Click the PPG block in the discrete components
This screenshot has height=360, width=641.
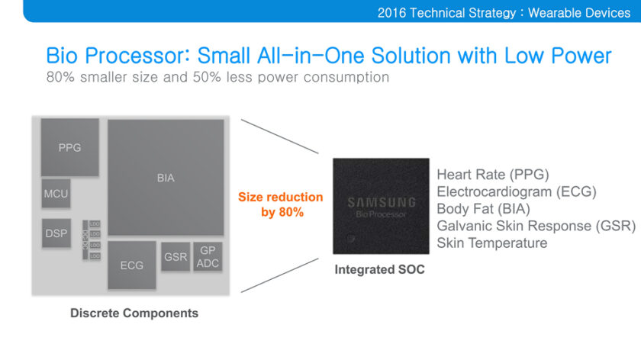(69, 148)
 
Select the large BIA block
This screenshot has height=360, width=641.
(166, 178)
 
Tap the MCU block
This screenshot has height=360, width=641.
(56, 194)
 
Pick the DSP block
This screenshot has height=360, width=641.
(56, 233)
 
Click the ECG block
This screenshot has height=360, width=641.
(131, 265)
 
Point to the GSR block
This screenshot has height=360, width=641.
(176, 257)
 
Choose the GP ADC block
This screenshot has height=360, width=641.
(208, 257)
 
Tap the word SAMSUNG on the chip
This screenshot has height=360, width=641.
(382, 203)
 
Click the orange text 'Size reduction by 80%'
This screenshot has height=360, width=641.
(281, 204)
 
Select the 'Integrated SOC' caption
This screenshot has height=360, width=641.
(380, 269)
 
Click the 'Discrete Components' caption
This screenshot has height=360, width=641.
(134, 313)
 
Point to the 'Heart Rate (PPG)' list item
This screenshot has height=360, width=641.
(493, 175)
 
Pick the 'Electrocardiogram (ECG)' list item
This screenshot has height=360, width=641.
(517, 191)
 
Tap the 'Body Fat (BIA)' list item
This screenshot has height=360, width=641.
(483, 208)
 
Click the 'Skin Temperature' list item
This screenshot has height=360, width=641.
(492, 243)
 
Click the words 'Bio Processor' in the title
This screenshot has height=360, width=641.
(117, 56)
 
